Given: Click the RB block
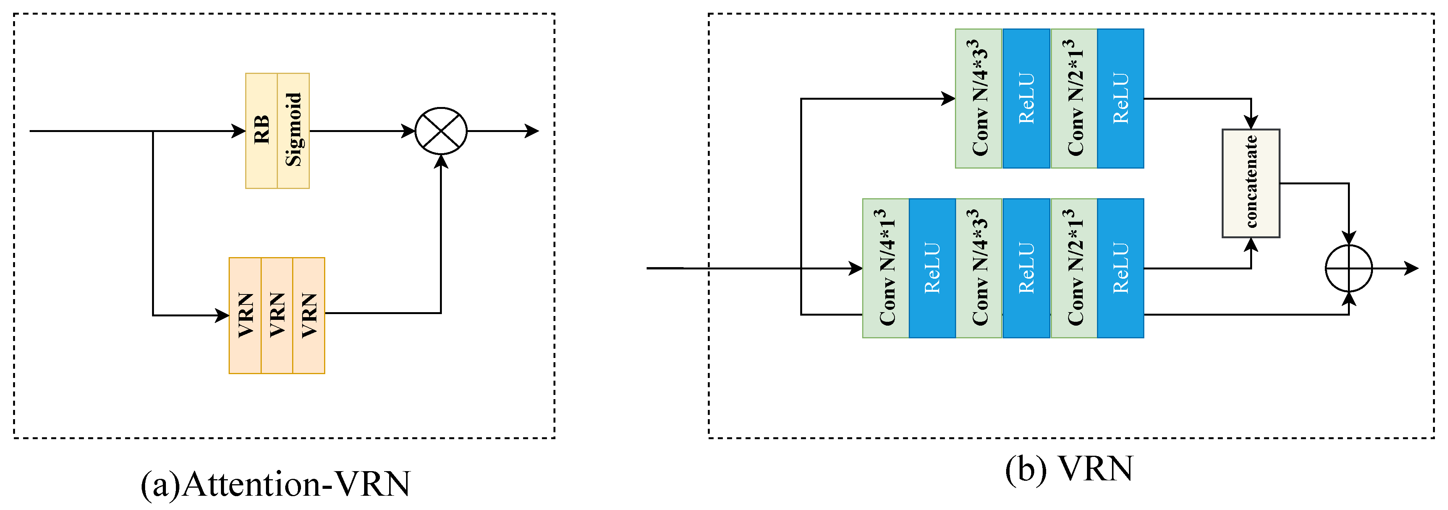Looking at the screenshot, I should pos(261,130).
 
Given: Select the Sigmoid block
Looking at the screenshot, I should pos(293,130).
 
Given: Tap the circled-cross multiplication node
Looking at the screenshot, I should pos(441,131).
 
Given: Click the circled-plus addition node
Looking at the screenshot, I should pos(1349,268).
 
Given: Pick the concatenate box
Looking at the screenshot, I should pos(1251,183).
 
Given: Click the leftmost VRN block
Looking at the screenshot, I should pos(245,316).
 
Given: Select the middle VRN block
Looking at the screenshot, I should pos(277,316).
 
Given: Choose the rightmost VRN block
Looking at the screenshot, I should pos(309,316).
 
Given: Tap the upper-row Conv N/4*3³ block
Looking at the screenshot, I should pos(979,99).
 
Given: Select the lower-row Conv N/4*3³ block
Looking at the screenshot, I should pos(979,268).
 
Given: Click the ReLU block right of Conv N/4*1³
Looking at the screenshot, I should pos(932,268).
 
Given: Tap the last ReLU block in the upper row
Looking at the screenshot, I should pos(1120,99).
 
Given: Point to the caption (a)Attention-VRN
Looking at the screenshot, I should pos(276,483).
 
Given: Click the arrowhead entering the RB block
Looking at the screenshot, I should pos(239,131).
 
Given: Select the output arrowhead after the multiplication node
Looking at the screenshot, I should pos(532,131).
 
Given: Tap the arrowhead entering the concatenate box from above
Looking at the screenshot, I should pos(1251,122).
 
